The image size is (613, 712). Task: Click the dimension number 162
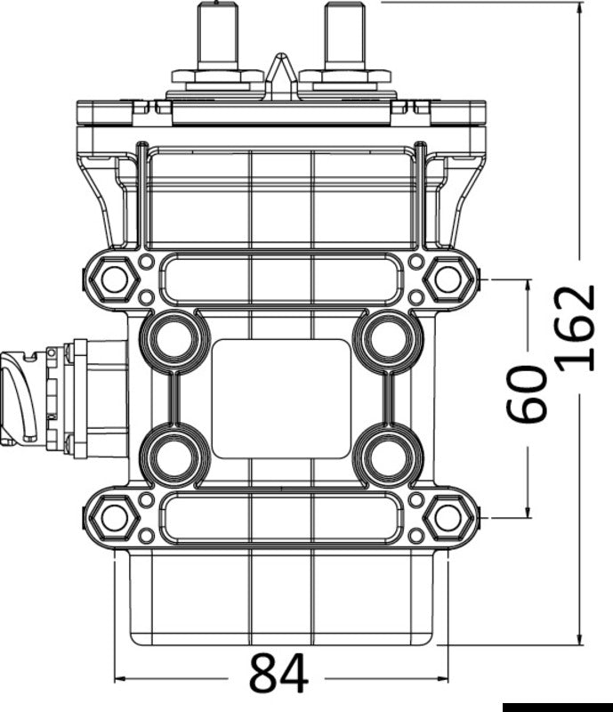coord(579,327)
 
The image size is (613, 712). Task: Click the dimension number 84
coord(278,674)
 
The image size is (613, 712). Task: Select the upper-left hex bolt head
coord(114,278)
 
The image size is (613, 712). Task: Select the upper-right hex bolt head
coord(448,278)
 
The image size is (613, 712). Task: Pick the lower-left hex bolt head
coord(114,516)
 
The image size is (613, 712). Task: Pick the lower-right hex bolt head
coord(448,516)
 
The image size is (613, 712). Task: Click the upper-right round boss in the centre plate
coord(386,338)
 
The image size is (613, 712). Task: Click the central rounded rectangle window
coord(280,398)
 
